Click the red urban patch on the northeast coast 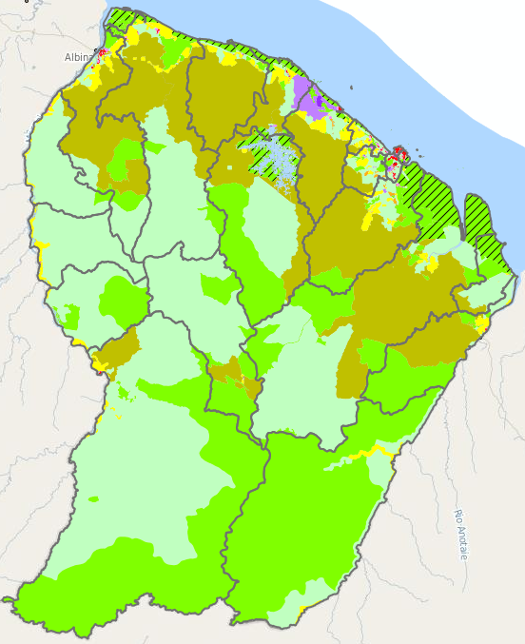pyautogui.click(x=399, y=153)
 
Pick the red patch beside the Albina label pyautogui.click(x=99, y=56)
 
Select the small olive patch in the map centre pyautogui.click(x=229, y=371)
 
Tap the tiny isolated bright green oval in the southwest pyautogui.click(x=93, y=498)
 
